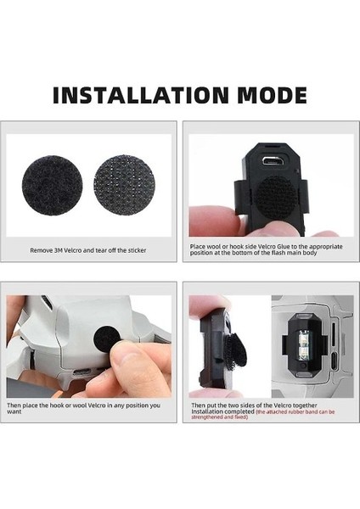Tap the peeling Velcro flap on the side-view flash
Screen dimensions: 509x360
coord(229,357)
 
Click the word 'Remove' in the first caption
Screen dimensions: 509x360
coord(43,250)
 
